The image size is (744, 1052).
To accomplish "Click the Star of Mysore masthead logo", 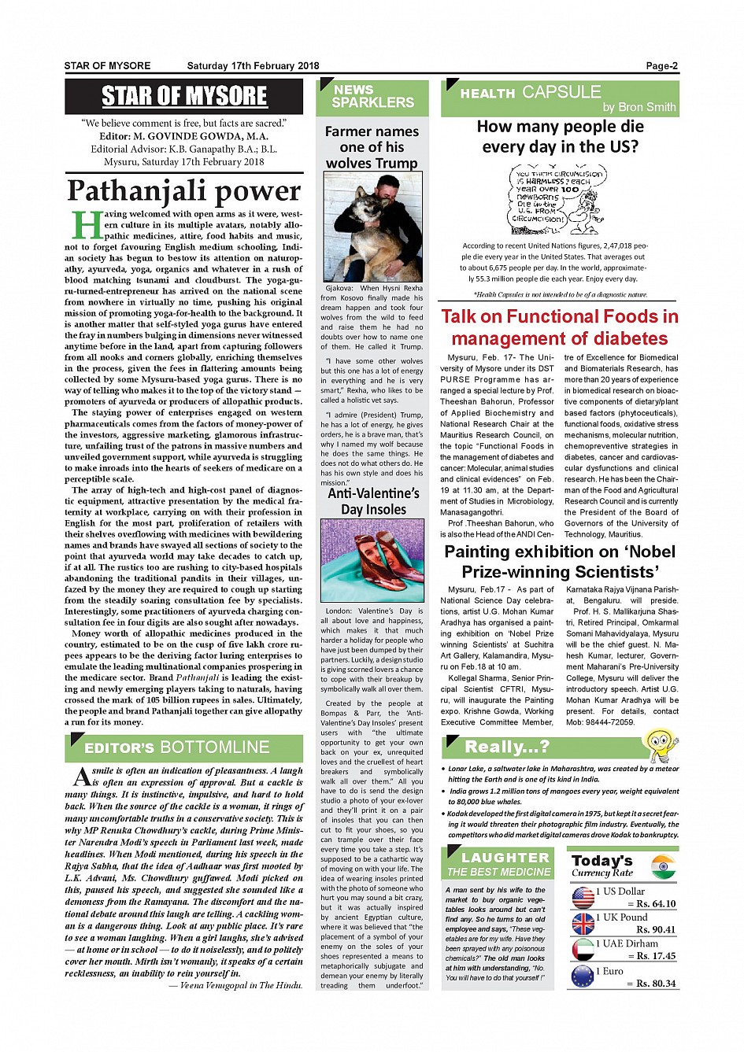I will click(x=184, y=96).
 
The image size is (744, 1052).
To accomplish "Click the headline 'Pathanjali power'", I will click(x=183, y=190).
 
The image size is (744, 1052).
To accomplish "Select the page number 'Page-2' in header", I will click(x=661, y=66).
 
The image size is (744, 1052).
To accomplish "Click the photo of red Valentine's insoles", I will click(x=372, y=560).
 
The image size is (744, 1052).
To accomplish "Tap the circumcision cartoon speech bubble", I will click(x=557, y=198).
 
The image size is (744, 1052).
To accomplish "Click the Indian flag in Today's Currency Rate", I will click(x=664, y=867).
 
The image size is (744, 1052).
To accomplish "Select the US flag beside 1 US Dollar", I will click(x=583, y=898).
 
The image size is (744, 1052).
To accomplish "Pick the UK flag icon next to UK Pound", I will click(x=583, y=923).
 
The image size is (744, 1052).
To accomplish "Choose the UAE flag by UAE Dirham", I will click(x=583, y=949).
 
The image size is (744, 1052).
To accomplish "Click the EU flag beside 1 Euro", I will click(x=583, y=976).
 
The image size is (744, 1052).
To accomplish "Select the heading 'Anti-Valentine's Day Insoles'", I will click(x=373, y=501).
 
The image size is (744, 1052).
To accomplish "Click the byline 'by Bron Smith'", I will click(x=639, y=107).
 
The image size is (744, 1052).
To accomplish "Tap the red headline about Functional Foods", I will click(x=559, y=327).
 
